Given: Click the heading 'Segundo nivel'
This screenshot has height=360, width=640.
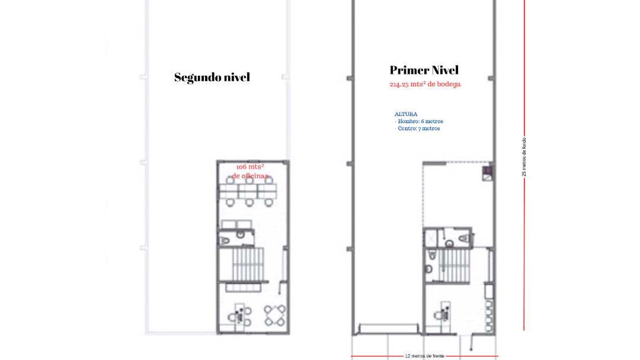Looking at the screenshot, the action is coord(212,77).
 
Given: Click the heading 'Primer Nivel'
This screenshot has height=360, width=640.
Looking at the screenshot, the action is coord(424,70).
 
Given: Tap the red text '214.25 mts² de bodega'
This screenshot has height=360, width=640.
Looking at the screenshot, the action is coord(425,84).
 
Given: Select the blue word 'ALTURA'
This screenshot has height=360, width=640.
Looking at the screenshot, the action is coord(406,114).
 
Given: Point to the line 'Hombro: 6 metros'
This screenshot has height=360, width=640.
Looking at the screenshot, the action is coord(420,121).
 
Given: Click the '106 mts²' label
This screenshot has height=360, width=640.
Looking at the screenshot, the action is coord(250,167).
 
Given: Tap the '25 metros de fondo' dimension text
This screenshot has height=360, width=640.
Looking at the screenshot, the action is coord(524,157).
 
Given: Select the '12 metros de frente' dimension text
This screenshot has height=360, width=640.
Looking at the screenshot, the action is coord(424,356).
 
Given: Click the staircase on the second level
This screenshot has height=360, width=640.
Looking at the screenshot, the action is coord(248,265).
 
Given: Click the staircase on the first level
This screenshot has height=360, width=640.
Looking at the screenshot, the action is coord(454,266).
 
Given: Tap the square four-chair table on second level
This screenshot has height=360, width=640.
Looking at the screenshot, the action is coord(275,315).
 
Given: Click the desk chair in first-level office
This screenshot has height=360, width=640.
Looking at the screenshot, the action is coord(438,315).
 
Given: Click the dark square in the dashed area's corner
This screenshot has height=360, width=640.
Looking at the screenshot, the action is coord(487,171).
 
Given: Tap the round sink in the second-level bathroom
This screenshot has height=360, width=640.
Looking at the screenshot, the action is coord(240,235).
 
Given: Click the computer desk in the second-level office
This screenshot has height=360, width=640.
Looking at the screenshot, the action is coord(239,314).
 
